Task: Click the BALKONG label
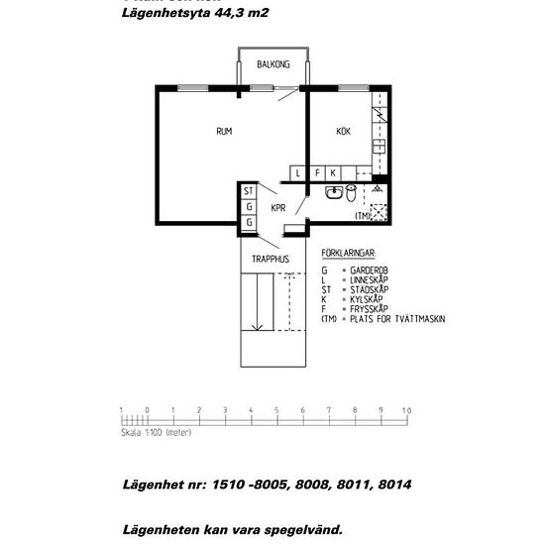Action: [273, 64]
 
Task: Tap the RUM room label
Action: [224, 131]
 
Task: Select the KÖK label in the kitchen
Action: [343, 131]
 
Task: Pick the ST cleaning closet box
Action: [249, 190]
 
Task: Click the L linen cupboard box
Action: [297, 172]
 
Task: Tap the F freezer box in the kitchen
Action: [317, 172]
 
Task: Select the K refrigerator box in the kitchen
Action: [333, 172]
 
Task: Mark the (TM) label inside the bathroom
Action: [363, 215]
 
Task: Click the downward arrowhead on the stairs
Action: [257, 328]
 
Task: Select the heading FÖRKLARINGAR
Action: [349, 255]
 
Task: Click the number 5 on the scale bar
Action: [275, 409]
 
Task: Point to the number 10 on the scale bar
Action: [405, 409]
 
